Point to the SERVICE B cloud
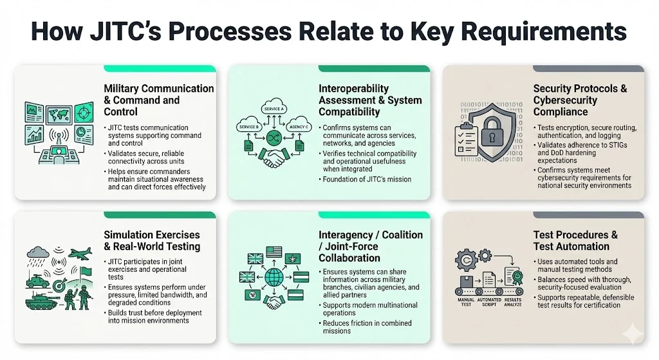[x=248, y=126]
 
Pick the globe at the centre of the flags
[x=274, y=278]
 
